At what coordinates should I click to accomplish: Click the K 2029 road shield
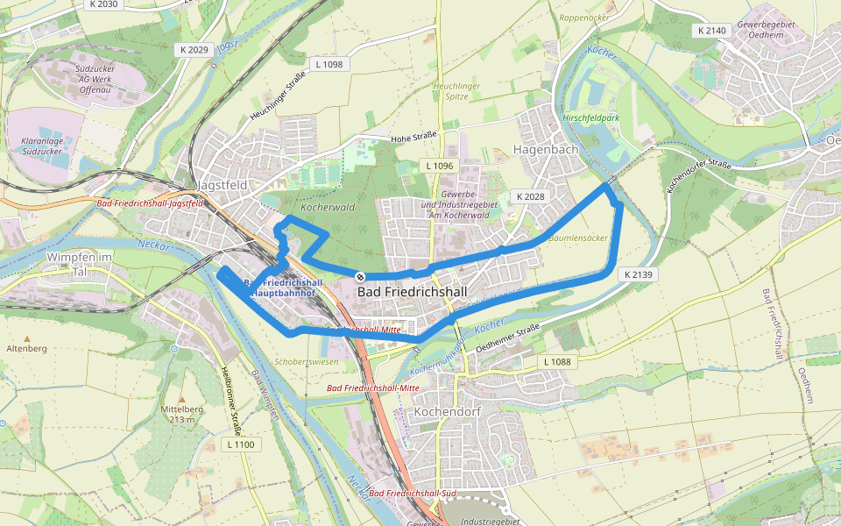click(x=191, y=49)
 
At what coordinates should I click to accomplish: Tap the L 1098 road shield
click(x=329, y=64)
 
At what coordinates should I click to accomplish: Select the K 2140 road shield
click(x=711, y=31)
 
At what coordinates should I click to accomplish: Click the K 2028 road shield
click(x=531, y=196)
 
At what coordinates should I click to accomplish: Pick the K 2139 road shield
click(x=639, y=274)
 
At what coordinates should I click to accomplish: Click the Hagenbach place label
click(x=546, y=149)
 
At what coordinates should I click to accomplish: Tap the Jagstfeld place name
click(x=223, y=185)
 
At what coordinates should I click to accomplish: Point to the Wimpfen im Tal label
click(x=80, y=264)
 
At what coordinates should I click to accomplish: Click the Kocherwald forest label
click(x=327, y=209)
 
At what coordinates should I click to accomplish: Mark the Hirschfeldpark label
click(x=593, y=117)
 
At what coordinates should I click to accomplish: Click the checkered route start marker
click(x=360, y=276)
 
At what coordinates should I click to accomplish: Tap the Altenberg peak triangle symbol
click(x=26, y=338)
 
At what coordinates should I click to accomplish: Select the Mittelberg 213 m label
click(x=181, y=414)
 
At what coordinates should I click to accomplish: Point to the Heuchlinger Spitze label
click(x=456, y=91)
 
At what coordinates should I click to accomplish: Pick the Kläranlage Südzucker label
click(x=44, y=146)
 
